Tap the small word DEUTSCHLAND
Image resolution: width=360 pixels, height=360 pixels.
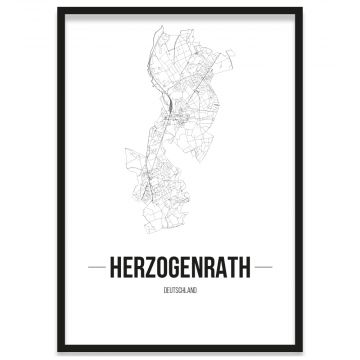pos(180,291)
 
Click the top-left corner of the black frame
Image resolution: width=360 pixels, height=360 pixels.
pos(59,9)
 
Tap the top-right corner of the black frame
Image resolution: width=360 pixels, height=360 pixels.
pos(301,9)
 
